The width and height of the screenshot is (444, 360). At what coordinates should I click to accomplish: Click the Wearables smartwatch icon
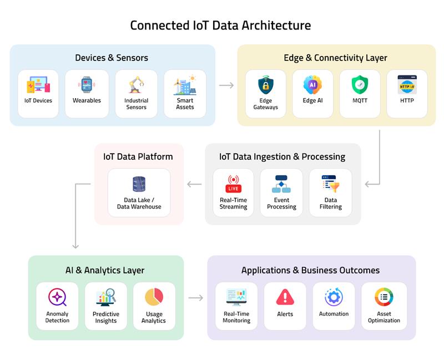(86, 85)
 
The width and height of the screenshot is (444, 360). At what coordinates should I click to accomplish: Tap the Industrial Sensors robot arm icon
(136, 85)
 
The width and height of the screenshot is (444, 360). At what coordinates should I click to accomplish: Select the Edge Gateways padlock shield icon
(265, 85)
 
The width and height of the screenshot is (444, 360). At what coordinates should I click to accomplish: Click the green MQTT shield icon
(360, 85)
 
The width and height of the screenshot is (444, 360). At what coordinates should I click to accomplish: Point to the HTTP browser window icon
(407, 85)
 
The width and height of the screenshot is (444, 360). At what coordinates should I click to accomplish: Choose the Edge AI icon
(312, 85)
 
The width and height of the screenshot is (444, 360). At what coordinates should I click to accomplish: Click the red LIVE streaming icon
(233, 184)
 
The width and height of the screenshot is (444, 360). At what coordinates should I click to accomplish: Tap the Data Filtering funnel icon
(330, 184)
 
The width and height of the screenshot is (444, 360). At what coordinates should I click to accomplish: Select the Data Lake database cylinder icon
(139, 184)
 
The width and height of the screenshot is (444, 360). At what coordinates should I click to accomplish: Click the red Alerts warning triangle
(285, 297)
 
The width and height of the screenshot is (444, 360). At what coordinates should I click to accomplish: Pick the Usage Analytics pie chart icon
(154, 297)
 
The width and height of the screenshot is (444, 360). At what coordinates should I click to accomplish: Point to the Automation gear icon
(334, 297)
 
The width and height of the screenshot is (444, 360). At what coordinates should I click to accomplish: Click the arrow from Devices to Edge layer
(226, 85)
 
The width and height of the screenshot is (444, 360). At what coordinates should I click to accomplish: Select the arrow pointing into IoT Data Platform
(194, 184)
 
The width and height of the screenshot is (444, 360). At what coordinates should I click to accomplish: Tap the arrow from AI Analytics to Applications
(195, 298)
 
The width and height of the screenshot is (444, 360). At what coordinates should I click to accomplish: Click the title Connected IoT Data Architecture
(220, 26)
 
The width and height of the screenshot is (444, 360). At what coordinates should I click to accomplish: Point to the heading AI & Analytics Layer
(105, 270)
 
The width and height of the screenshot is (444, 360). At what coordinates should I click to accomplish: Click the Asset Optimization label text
(384, 317)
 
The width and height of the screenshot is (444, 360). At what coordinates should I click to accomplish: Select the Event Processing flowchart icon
(281, 184)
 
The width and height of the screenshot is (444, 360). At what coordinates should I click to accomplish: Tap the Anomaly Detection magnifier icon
(57, 297)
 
